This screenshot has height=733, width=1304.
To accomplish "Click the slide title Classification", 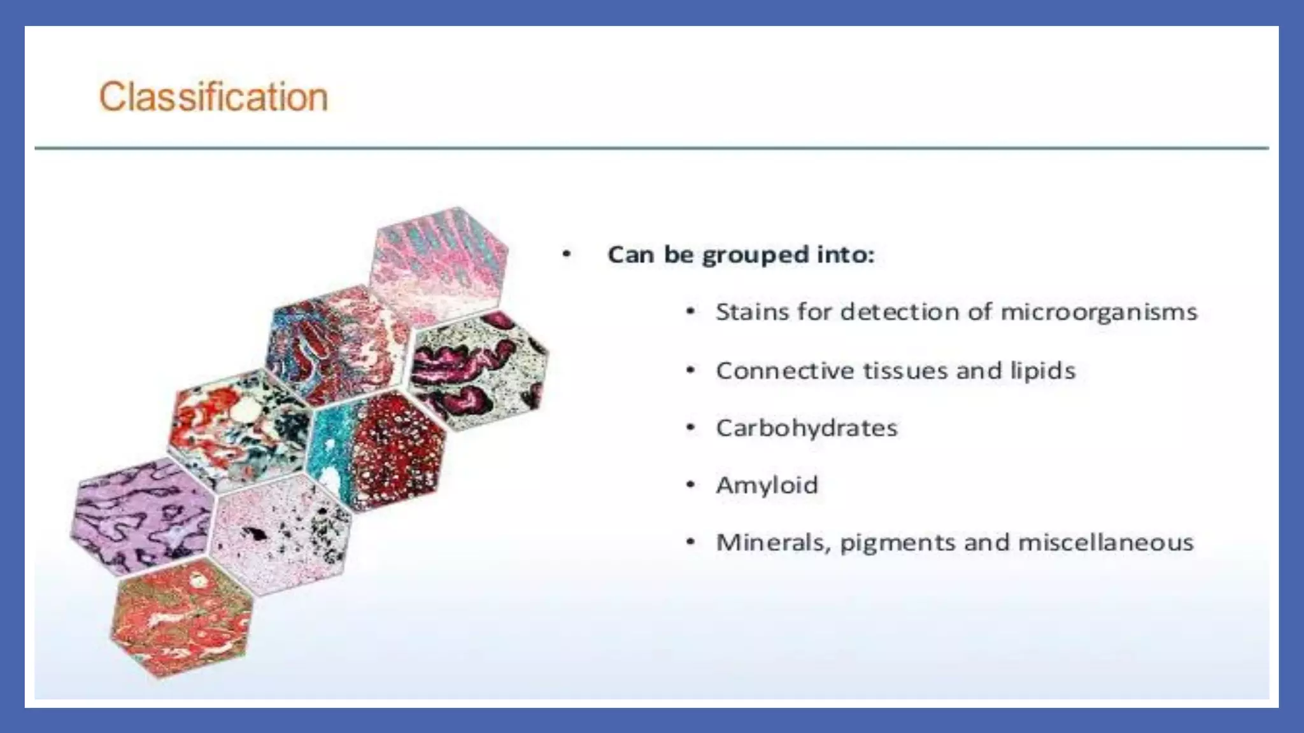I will (x=213, y=97).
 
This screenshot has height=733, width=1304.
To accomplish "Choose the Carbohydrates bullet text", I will (x=806, y=428).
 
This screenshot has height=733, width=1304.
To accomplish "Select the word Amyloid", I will (x=767, y=485).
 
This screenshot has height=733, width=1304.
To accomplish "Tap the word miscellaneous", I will (x=1105, y=542).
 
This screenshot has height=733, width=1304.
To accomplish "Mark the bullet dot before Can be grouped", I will (x=566, y=255).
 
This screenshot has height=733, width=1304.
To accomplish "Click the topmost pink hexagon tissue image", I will (x=439, y=264).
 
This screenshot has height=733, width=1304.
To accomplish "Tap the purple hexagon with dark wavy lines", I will (x=141, y=515).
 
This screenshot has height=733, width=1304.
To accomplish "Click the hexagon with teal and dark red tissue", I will (x=376, y=449).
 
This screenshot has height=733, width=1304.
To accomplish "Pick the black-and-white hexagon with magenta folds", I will (x=479, y=369).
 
